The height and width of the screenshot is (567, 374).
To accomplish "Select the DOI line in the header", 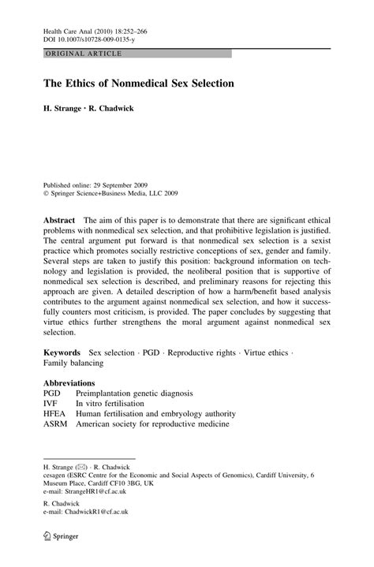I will tap(90, 37).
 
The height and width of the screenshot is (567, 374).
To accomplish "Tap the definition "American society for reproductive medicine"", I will tap(152, 423).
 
